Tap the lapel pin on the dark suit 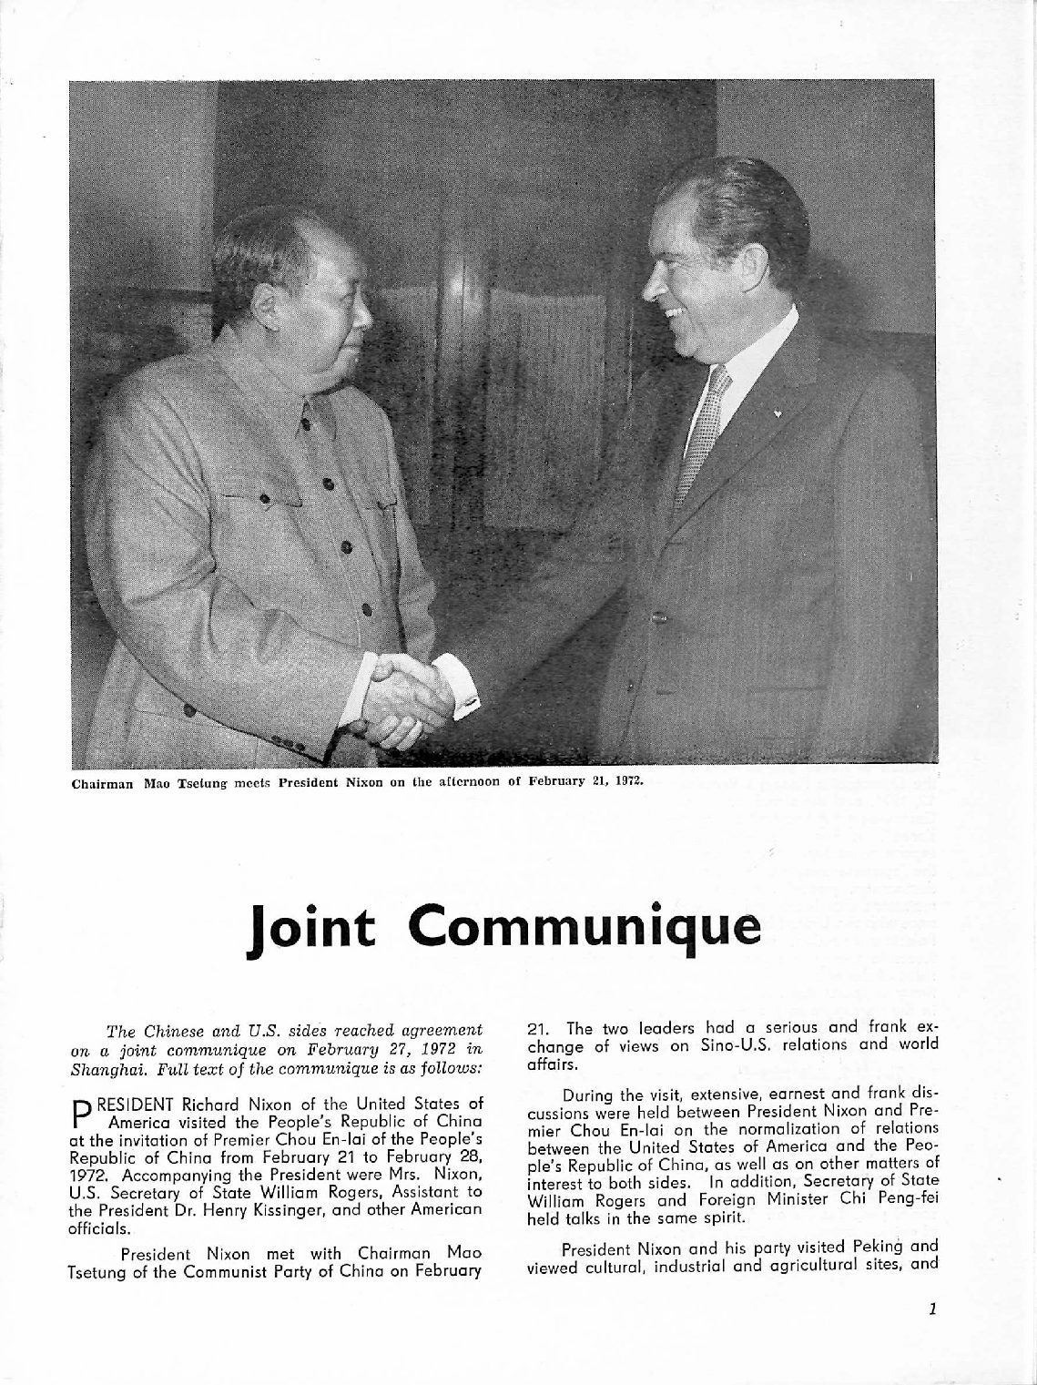click(x=778, y=412)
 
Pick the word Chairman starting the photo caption click(x=99, y=780)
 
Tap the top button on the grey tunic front click(x=307, y=423)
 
